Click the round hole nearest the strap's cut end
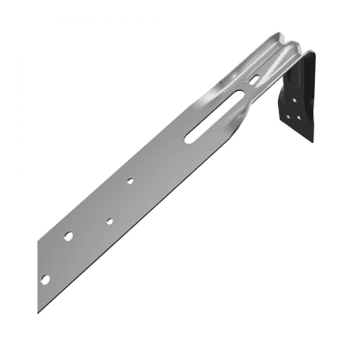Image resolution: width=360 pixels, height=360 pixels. tap(45, 279)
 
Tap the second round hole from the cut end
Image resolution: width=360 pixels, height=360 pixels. tap(68, 236)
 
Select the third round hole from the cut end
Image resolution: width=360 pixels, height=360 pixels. tap(109, 220)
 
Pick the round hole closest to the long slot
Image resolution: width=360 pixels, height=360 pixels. tap(130, 180)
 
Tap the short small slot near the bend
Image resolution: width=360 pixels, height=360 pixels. tap(254, 79)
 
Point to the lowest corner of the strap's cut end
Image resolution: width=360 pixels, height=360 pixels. tap(39, 311)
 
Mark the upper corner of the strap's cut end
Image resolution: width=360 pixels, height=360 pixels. tap(38, 241)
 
